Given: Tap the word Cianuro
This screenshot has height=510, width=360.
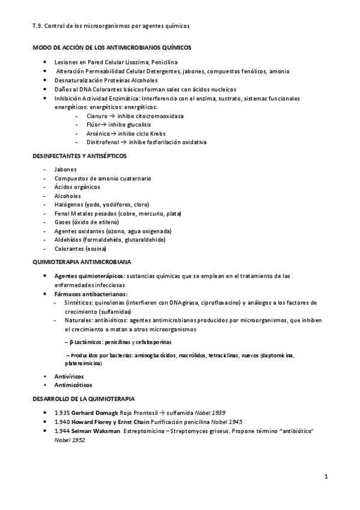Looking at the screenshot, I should [x=97, y=115].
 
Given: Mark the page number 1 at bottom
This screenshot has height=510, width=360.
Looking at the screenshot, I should [x=325, y=477].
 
